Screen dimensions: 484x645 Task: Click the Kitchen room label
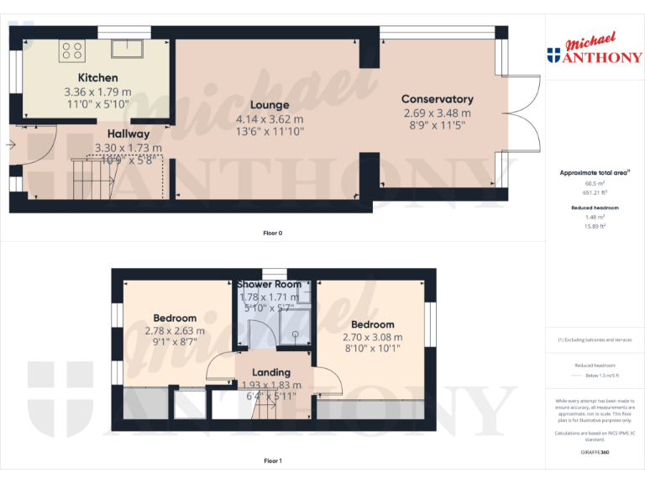[97, 78]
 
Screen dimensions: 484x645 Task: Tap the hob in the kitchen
[72, 50]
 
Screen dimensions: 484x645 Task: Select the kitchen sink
[126, 47]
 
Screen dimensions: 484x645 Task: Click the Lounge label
[269, 105]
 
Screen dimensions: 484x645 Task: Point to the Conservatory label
[437, 99]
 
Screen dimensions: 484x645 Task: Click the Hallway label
[128, 134]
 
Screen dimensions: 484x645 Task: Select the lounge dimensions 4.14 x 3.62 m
[269, 118]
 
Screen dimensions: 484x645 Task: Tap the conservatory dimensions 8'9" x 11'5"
[437, 125]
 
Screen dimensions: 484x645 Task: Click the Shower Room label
[270, 284]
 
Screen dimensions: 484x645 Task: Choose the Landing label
[271, 372]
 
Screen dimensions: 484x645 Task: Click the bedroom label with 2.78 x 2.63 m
[175, 318]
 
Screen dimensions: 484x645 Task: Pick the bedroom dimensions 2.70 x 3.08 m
[372, 338]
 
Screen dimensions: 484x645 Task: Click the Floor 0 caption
[272, 233]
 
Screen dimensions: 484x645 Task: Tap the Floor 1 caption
[272, 460]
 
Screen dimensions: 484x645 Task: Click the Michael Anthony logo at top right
[595, 50]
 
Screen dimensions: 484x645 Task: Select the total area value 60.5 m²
[595, 183]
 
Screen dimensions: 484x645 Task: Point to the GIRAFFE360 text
[595, 452]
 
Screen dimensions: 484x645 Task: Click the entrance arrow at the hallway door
[9, 145]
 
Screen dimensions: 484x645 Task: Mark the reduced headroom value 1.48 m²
[595, 217]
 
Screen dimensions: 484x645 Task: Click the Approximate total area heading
[595, 173]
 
